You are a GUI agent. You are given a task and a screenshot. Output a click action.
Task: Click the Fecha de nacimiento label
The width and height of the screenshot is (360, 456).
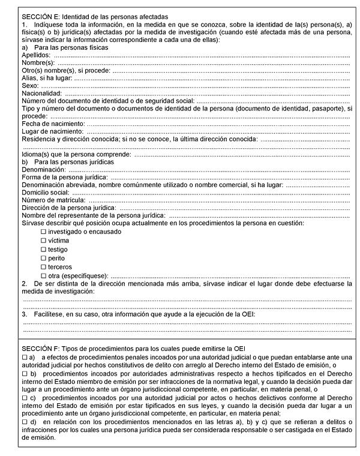point(53,124)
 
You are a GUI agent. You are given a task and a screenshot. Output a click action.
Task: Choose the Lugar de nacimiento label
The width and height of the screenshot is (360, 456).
point(52,131)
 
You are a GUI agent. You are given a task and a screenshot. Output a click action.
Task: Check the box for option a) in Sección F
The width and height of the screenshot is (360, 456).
point(25,358)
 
